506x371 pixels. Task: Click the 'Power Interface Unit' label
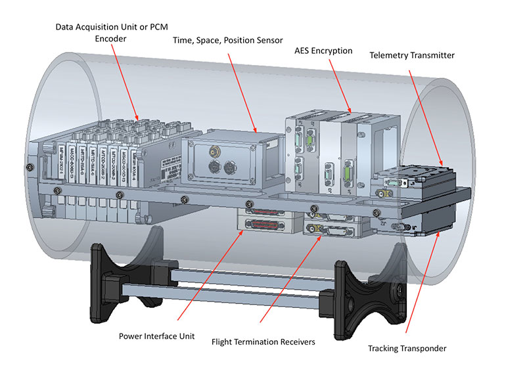pyautogui.click(x=156, y=335)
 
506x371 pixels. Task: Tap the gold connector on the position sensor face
pyautogui.click(x=214, y=152)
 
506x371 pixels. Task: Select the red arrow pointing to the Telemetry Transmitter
pyautogui.click(x=425, y=112)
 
